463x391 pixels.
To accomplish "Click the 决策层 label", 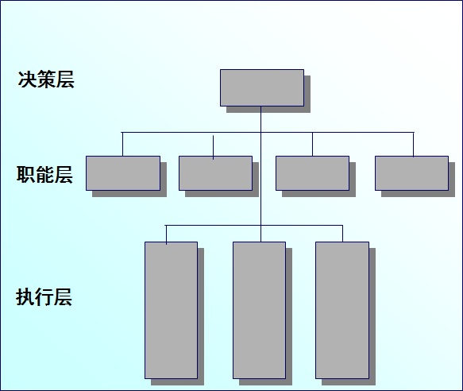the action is pyautogui.click(x=46, y=79).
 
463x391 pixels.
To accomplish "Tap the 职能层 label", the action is pyautogui.click(x=44, y=175).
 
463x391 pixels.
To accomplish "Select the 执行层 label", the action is pyautogui.click(x=44, y=296).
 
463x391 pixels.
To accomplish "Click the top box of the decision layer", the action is pyautogui.click(x=262, y=87).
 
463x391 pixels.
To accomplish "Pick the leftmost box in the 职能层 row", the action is pyautogui.click(x=123, y=173).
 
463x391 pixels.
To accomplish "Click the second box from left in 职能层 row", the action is pyautogui.click(x=215, y=173).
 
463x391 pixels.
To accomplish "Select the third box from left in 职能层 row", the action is pyautogui.click(x=312, y=173).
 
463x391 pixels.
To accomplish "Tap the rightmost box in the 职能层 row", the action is pyautogui.click(x=412, y=173).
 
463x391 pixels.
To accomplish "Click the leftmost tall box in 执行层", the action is pyautogui.click(x=171, y=310).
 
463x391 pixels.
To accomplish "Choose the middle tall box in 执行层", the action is pyautogui.click(x=259, y=310).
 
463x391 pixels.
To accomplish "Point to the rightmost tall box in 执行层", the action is pyautogui.click(x=342, y=310).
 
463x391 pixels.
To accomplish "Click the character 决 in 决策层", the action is pyautogui.click(x=27, y=79).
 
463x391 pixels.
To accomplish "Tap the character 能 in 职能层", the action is pyautogui.click(x=44, y=175).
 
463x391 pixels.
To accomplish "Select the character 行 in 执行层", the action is pyautogui.click(x=44, y=296).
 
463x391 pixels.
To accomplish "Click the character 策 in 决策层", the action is pyautogui.click(x=46, y=79).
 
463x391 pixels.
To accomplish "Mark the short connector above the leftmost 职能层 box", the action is pyautogui.click(x=122, y=144).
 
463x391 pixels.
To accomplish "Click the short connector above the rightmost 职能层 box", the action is pyautogui.click(x=414, y=145).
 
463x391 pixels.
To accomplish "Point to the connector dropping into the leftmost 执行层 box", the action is pyautogui.click(x=166, y=235).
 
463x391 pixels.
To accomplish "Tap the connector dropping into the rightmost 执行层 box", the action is pyautogui.click(x=342, y=234).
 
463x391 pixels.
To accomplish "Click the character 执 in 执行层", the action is pyautogui.click(x=25, y=296).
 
